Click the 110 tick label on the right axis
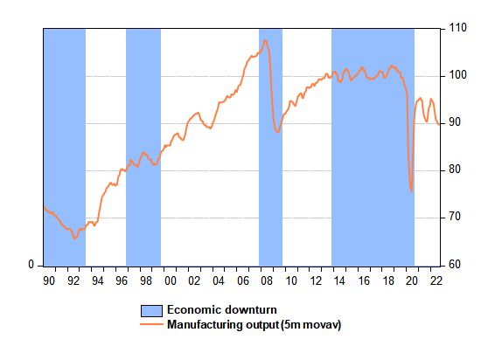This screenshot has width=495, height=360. [457, 28]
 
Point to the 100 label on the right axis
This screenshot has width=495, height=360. [457, 75]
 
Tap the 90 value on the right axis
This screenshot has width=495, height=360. [455, 122]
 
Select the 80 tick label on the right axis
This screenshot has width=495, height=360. [455, 170]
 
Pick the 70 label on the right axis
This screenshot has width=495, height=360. [455, 218]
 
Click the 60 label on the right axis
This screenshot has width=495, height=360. [455, 265]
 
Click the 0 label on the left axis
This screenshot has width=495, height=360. [31, 265]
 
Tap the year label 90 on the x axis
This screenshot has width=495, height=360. [49, 280]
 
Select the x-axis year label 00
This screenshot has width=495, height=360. [171, 280]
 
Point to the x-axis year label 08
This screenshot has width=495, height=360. [267, 280]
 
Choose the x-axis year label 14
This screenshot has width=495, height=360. [339, 280]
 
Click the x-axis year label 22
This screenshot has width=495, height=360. [436, 280]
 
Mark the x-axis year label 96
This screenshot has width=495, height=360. [122, 280]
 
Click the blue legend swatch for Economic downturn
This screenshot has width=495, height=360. [151, 311]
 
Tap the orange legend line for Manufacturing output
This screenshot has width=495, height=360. [151, 324]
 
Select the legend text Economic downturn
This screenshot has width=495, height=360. [222, 310]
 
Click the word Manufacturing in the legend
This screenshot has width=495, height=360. [206, 325]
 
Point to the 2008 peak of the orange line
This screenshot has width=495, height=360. [265, 40]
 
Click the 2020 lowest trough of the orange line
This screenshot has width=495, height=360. [411, 190]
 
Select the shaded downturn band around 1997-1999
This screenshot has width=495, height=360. [143, 148]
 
